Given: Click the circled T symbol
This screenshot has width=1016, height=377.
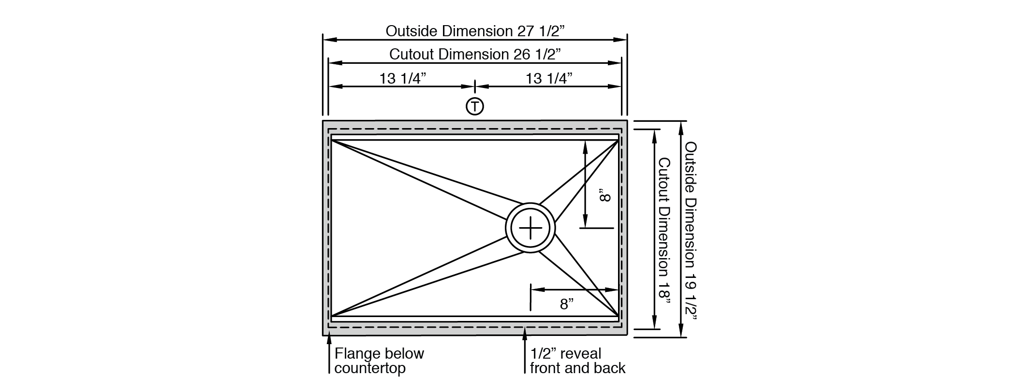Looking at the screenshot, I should click(475, 106).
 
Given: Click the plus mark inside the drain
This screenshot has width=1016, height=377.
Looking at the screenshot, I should click(530, 228).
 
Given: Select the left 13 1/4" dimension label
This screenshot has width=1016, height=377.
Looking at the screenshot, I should click(402, 78).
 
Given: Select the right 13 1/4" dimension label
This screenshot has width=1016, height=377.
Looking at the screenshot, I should click(549, 78).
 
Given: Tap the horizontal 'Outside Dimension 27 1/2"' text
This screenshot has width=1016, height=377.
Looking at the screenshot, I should click(475, 31).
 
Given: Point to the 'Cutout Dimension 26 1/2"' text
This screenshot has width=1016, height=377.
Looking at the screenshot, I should click(475, 54).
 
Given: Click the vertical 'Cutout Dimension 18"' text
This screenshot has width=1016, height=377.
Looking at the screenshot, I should click(664, 231).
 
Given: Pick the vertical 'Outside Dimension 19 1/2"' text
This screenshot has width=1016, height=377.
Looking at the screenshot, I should click(691, 231).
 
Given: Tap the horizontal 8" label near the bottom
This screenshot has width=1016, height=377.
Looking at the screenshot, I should click(567, 304).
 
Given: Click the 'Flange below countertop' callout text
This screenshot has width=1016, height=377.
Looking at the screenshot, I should click(379, 361).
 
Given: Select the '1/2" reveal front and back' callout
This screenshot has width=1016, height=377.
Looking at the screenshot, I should click(577, 361).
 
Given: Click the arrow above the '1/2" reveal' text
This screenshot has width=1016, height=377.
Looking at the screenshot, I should click(525, 350).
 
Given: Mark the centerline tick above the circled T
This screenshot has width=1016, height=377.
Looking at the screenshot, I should click(475, 87).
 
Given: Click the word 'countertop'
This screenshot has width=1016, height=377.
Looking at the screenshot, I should click(370, 368).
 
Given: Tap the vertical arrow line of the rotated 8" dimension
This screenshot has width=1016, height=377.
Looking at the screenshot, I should click(585, 184).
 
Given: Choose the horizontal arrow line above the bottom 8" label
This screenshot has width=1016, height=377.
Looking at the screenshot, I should click(574, 290).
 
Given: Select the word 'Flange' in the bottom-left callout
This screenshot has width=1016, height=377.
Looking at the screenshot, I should click(356, 353).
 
